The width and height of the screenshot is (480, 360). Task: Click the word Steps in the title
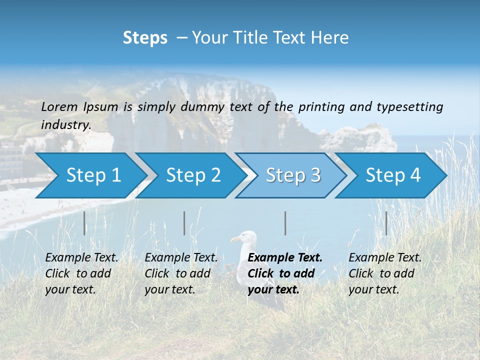coord(145,38)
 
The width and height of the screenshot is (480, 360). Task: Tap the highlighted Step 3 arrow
coord(293,175)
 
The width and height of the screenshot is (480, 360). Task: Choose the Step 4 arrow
coord(393,175)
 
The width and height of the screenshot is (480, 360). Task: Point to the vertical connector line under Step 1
coord(84,223)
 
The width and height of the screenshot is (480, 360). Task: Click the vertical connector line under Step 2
coord(184,223)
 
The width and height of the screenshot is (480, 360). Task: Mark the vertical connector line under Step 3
coord(285,223)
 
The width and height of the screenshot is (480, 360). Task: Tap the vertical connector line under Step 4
coord(386,223)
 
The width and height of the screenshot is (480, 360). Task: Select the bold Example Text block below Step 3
coord(284,273)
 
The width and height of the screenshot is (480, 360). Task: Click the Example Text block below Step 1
coord(81,273)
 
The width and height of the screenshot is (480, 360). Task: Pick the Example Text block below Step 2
coord(181,273)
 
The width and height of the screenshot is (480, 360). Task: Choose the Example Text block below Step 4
coord(385,273)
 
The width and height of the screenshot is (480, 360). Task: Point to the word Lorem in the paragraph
coord(59,106)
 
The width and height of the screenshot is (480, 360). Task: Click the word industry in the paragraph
coord(65,124)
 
